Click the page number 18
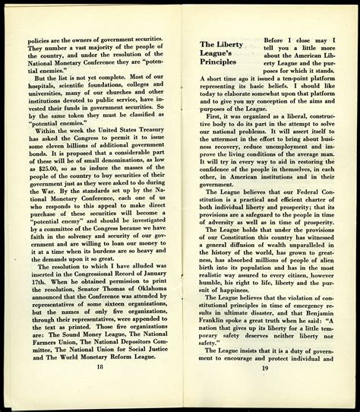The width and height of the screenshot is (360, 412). (100, 387)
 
